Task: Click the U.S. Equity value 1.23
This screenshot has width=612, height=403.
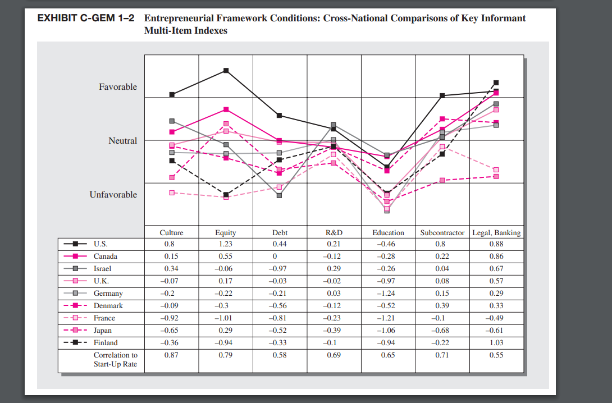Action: point(226,244)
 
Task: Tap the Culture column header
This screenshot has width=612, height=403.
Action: point(171,232)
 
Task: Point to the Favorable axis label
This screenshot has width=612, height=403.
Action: point(118,87)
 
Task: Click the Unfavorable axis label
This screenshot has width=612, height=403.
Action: point(113,195)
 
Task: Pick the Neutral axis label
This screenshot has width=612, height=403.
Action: point(122,141)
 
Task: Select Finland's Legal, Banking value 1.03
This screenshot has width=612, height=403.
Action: point(496,342)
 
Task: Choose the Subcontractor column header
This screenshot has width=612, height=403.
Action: point(442,232)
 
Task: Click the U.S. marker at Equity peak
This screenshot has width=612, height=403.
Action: point(226,70)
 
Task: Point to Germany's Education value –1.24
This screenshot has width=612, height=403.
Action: point(388,294)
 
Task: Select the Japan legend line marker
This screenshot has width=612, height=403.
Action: point(75,331)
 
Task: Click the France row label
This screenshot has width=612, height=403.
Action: point(104,318)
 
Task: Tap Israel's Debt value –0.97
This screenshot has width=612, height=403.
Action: point(280,269)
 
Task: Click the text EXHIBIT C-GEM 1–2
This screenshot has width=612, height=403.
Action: point(85,19)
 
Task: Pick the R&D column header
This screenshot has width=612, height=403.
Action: point(334,232)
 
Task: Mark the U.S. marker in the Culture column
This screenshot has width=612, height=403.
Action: point(172,94)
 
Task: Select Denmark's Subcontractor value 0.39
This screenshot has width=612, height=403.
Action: point(442,306)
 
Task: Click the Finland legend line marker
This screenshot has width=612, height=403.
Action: point(75,343)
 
